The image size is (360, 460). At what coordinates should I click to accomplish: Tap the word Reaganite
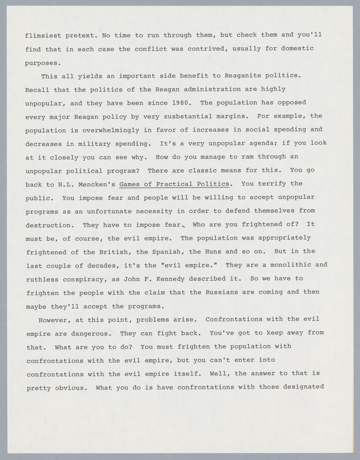coord(243,76)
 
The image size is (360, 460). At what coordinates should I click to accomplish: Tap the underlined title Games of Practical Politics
coord(174,184)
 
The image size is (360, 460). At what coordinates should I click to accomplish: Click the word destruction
coord(48,225)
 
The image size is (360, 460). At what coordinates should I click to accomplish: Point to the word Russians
coord(221,292)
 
